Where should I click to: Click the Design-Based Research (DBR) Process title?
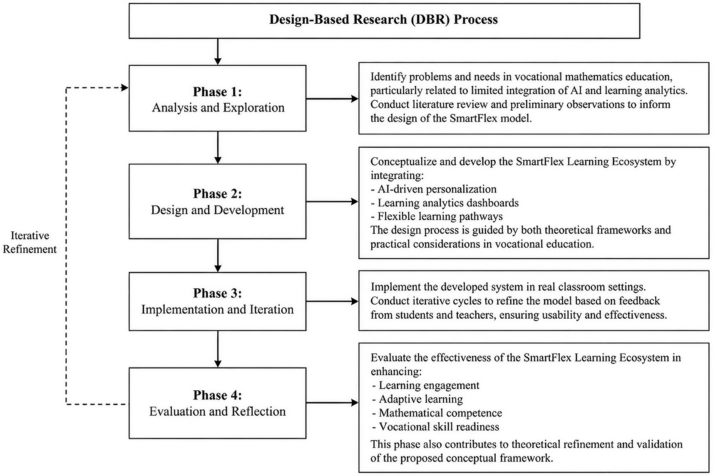(384, 20)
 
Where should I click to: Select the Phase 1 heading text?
(217, 92)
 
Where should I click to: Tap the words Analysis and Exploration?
(218, 107)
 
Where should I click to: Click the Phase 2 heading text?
(217, 193)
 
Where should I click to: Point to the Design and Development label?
(217, 210)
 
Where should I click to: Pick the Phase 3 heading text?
(217, 293)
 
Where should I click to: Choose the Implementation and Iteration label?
(217, 309)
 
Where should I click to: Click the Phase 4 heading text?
(217, 395)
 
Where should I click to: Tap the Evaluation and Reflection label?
(217, 412)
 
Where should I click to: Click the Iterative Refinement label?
(30, 242)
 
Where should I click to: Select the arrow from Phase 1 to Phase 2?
(218, 148)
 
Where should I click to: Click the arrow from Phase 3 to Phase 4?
(218, 349)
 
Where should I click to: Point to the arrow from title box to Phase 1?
(218, 52)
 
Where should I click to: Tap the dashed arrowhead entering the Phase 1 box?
(125, 87)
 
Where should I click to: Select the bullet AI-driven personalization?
(434, 189)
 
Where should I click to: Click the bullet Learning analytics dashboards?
(445, 203)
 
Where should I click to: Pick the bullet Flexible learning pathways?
(437, 217)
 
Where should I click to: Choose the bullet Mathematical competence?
(437, 413)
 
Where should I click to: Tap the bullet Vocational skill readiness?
(435, 426)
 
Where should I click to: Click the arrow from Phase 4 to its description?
(332, 403)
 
